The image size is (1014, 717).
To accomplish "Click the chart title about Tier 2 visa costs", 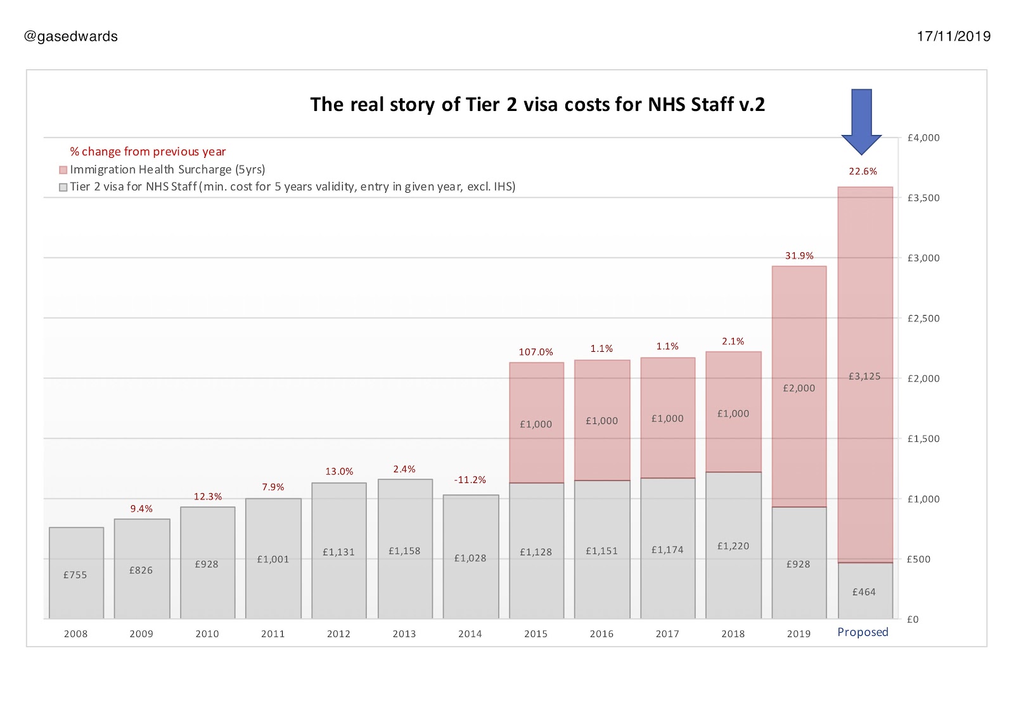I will pyautogui.click(x=537, y=104).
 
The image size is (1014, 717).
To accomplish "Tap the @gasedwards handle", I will pyautogui.click(x=71, y=37).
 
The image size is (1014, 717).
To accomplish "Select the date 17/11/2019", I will pyautogui.click(x=953, y=37).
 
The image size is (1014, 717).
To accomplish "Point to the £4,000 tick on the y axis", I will pyautogui.click(x=923, y=138).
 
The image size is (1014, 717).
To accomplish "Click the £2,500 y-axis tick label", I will pyautogui.click(x=923, y=318).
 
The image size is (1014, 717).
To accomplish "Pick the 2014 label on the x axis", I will pyautogui.click(x=470, y=634).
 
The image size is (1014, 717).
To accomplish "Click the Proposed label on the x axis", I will pyautogui.click(x=863, y=632).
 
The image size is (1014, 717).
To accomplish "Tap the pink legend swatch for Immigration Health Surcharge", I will pyautogui.click(x=63, y=170).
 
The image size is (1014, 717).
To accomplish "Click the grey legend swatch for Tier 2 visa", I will pyautogui.click(x=63, y=187).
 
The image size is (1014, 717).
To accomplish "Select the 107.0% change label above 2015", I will pyautogui.click(x=536, y=352).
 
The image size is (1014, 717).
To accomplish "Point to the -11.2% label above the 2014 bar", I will pyautogui.click(x=470, y=480).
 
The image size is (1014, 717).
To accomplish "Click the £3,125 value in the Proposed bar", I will pyautogui.click(x=864, y=377).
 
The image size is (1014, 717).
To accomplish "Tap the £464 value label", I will pyautogui.click(x=864, y=592).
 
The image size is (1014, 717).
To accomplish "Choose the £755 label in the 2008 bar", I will pyautogui.click(x=75, y=575).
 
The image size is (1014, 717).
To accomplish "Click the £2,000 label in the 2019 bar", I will pyautogui.click(x=799, y=388).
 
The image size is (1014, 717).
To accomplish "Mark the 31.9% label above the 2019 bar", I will pyautogui.click(x=799, y=256).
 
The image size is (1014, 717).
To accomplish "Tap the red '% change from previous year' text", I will pyautogui.click(x=148, y=152).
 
